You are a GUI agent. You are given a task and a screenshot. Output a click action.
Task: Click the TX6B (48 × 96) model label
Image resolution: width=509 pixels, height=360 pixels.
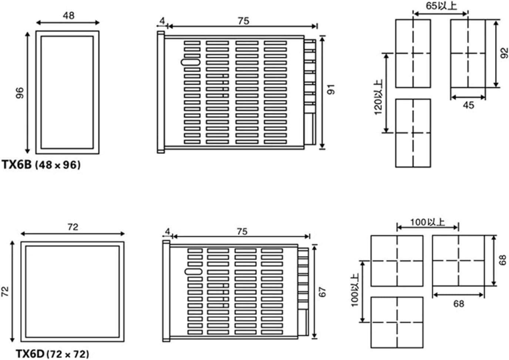(41, 165)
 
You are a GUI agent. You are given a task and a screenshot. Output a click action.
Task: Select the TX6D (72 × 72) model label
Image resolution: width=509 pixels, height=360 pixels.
(53, 354)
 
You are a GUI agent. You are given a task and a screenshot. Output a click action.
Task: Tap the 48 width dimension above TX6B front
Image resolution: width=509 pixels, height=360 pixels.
(68, 16)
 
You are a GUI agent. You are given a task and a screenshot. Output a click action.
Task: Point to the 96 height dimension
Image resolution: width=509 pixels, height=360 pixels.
(20, 93)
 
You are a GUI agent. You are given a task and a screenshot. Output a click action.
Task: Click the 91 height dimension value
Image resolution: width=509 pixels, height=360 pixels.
(331, 89)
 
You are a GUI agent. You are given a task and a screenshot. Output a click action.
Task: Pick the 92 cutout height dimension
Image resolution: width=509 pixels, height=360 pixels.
(504, 53)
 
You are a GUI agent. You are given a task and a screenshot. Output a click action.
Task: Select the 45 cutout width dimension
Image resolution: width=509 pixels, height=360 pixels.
(468, 105)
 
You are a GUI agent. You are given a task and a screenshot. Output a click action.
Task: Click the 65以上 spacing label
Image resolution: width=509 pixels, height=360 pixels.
(441, 6)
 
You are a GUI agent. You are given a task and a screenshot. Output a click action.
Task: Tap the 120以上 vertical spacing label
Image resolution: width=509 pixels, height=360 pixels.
(379, 97)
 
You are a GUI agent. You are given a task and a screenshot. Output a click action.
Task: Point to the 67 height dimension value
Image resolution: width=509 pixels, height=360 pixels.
(322, 292)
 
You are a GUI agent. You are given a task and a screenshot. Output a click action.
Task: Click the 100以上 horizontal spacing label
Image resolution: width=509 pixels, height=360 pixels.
(428, 222)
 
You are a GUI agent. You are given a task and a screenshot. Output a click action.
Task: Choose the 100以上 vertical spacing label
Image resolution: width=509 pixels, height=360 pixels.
(355, 290)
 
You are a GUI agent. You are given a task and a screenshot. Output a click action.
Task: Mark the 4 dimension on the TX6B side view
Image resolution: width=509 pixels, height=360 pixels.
(162, 21)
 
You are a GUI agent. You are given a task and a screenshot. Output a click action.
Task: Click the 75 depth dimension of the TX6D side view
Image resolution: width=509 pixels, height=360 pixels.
(242, 232)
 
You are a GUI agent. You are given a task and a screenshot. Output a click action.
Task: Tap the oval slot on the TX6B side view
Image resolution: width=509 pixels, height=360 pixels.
(190, 62)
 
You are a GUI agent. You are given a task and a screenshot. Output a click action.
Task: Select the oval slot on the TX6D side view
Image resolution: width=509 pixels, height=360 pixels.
(193, 272)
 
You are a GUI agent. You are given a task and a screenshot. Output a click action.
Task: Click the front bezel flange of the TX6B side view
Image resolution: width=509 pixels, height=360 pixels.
(161, 92)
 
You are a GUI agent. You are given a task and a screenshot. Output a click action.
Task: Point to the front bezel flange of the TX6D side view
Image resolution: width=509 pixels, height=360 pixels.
(166, 291)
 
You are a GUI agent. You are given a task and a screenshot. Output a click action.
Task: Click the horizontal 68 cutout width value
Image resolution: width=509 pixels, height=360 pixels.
(459, 304)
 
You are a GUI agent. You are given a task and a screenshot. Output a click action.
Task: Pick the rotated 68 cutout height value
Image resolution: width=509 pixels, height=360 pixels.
(502, 260)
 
